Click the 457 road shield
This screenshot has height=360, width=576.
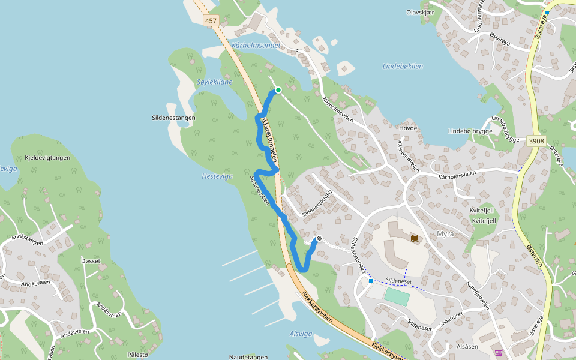point(211,20)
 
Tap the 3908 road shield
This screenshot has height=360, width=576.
point(536,141)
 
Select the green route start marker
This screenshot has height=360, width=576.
point(278,91)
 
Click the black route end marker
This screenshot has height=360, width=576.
point(319,239)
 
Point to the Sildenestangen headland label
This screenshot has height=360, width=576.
point(173,118)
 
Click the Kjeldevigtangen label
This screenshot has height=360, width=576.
point(48,158)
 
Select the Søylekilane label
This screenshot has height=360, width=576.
point(214,82)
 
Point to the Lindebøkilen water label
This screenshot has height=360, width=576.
point(403,66)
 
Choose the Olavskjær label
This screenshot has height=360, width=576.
point(420,12)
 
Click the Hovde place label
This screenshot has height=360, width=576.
point(407,128)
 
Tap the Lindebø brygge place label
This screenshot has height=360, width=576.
point(470,131)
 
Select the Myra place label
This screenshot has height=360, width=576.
point(446,233)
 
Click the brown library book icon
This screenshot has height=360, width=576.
point(415,238)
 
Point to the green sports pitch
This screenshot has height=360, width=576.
point(397,296)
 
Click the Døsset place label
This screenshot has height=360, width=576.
point(91,261)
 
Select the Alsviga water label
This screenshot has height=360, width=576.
point(301,334)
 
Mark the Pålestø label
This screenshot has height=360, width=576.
point(137,355)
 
